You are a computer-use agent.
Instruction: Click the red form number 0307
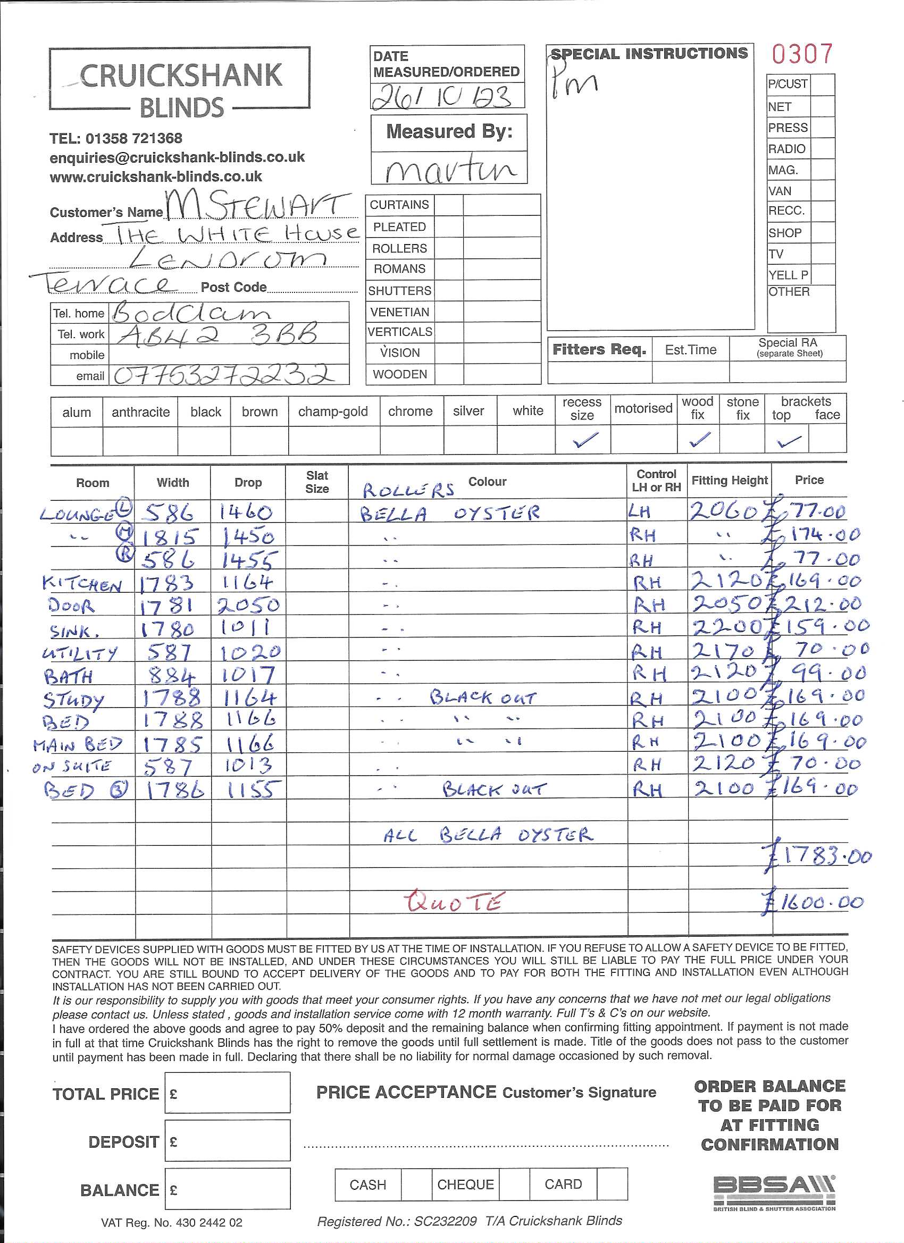click(802, 54)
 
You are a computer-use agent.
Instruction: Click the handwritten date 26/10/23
click(442, 97)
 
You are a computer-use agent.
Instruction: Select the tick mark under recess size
click(584, 440)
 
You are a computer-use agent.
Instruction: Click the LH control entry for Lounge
click(640, 512)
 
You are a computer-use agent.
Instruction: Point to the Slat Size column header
click(317, 482)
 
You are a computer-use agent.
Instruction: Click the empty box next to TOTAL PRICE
click(228, 1094)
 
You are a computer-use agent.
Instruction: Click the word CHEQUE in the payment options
click(465, 1185)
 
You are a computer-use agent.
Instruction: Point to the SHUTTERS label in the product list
click(400, 290)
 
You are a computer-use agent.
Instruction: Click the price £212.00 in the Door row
click(814, 604)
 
